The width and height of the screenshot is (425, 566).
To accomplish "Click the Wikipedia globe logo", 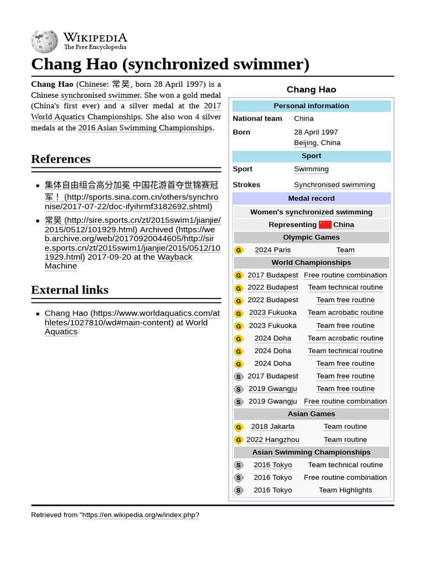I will tap(44, 41).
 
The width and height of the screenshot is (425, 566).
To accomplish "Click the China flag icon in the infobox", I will tap(325, 224).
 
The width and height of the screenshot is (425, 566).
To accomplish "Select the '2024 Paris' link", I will tap(272, 250).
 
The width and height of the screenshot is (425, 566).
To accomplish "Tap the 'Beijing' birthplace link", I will tap(305, 143).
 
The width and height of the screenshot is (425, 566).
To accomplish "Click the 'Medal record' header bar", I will tap(312, 198).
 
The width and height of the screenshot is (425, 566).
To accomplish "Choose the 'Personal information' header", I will tap(312, 106).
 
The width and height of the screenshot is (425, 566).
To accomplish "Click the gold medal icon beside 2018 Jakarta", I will tap(239, 427).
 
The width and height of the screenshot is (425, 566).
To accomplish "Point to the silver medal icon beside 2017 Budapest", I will tap(239, 376).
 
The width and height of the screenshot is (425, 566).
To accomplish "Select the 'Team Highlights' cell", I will tap(345, 490).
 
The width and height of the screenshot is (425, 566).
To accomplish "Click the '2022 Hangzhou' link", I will tap(273, 439).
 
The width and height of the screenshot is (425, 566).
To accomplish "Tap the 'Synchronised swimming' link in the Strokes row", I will tap(334, 185).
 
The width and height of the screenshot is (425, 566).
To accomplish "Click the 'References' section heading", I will tap(61, 159).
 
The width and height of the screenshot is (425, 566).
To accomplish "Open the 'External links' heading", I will tap(70, 290).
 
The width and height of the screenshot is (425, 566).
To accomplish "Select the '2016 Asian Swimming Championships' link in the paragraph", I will tap(145, 128).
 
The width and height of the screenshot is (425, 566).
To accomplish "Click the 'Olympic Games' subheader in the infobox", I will tap(312, 237).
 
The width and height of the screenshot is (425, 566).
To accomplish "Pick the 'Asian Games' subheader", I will tap(312, 413).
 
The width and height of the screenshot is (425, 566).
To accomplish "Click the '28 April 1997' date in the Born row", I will tap(316, 132).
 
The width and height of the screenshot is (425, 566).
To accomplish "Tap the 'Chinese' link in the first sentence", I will tap(92, 84).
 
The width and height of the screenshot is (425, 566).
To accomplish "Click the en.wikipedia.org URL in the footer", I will tap(141, 515).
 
